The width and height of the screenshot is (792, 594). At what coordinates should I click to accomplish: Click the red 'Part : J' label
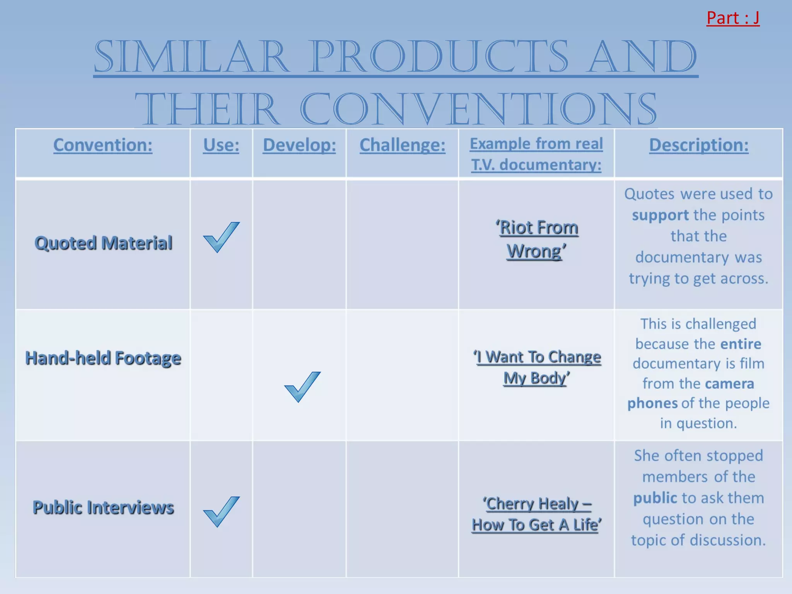click(x=732, y=18)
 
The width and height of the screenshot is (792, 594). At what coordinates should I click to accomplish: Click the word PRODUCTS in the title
click(x=439, y=57)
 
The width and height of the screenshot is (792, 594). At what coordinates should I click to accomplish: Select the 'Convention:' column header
click(x=103, y=145)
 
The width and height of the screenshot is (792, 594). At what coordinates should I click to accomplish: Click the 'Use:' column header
click(x=221, y=145)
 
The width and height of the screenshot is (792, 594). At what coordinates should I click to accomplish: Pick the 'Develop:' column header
click(x=299, y=145)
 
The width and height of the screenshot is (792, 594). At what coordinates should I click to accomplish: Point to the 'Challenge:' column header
click(x=402, y=145)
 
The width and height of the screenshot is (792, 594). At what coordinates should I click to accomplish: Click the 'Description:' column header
click(x=698, y=145)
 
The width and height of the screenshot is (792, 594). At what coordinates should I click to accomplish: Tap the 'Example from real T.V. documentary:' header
click(x=536, y=154)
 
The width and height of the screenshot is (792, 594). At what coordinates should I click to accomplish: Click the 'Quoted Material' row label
click(x=103, y=243)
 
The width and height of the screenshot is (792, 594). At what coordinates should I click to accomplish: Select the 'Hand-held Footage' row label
click(x=103, y=358)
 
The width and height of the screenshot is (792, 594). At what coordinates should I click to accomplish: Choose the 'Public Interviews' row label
click(x=103, y=507)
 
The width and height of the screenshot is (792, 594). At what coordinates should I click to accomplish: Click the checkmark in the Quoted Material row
click(x=221, y=237)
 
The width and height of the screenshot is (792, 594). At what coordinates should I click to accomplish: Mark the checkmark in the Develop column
click(x=302, y=386)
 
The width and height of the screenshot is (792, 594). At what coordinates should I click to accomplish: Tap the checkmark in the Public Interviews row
click(x=221, y=511)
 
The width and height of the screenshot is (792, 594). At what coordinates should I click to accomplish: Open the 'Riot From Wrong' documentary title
click(x=536, y=239)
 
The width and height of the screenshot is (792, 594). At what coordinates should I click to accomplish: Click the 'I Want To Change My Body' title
click(x=536, y=367)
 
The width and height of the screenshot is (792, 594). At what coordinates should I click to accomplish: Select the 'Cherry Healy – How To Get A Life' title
click(x=536, y=514)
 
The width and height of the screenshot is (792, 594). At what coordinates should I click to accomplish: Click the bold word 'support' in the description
click(x=660, y=215)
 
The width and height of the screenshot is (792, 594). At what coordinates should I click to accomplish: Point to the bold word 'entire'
click(x=740, y=344)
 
